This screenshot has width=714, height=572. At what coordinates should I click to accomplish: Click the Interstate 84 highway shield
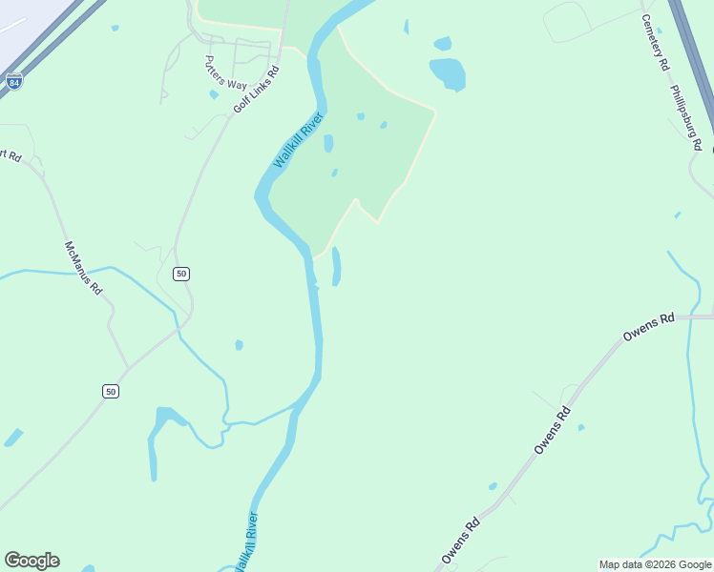coord(13,82)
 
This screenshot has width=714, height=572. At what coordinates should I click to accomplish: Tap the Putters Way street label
coord(225,71)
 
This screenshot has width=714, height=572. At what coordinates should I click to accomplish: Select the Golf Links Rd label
coord(257,90)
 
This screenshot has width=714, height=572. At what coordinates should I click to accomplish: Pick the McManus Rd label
coord(83,267)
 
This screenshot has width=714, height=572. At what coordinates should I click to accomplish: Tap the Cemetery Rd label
coord(656,42)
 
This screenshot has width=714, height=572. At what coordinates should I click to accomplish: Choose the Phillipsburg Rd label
coord(686,118)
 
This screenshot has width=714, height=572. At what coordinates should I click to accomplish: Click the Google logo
coord(31,561)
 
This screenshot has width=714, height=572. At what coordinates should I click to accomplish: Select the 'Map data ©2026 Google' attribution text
coord(656,564)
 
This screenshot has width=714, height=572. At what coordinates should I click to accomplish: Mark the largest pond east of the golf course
coord(447,73)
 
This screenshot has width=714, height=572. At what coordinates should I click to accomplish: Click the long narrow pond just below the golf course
coord(336,266)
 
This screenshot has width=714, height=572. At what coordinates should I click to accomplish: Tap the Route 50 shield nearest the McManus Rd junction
coord(111,392)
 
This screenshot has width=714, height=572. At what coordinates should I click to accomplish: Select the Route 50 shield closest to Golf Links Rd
coord(181,274)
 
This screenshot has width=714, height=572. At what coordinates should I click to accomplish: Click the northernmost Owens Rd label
coord(648,328)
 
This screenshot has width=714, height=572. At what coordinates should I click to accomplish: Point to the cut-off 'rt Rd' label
coord(10,154)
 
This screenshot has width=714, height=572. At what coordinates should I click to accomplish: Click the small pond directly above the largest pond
coord(442,43)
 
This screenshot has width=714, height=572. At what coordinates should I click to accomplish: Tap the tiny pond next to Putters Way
coord(214,94)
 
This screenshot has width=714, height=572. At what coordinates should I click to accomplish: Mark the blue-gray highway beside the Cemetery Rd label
coord(691,57)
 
